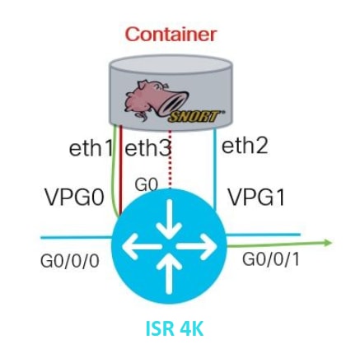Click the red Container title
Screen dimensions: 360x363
(171, 35)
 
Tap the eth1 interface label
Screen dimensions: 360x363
(91, 148)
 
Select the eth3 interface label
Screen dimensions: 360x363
(148, 148)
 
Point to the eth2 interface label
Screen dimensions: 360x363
(245, 146)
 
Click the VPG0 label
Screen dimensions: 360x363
(75, 198)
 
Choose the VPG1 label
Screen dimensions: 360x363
(256, 198)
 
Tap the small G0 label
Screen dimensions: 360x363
(147, 185)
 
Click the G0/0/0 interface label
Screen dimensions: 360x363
(70, 261)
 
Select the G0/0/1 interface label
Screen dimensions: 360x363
(271, 259)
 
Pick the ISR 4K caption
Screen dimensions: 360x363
(175, 328)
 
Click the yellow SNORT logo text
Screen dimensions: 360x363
(194, 117)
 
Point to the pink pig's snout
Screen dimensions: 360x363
(175, 103)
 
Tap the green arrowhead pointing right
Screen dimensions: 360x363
(328, 243)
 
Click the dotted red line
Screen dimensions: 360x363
(170, 160)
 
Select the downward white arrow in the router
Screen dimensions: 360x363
(169, 219)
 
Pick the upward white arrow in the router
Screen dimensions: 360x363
(169, 272)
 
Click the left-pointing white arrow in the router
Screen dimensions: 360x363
(142, 246)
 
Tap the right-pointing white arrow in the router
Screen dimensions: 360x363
(197, 246)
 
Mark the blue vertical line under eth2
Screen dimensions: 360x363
(215, 170)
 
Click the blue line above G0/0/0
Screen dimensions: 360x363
(77, 237)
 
